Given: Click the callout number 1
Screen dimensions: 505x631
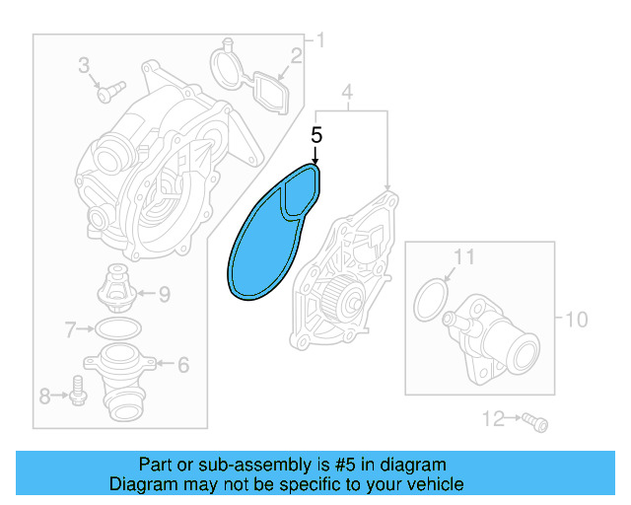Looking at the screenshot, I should point(318,41).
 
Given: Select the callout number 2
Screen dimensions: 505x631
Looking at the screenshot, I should point(295,56).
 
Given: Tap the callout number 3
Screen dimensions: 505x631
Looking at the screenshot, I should point(85,67).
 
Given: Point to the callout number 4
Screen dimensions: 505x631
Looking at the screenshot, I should point(347,95).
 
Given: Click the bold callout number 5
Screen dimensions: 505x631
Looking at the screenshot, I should point(316,135).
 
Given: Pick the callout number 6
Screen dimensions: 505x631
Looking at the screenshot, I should point(182,364).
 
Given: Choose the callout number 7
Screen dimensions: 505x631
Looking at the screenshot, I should point(70,328).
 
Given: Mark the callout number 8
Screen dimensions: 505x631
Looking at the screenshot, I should point(44,397).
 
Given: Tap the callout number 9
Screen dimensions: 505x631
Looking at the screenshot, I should point(164,293).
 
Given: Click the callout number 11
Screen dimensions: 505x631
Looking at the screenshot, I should point(463,257).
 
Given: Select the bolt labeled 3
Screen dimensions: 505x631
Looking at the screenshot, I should point(105,91).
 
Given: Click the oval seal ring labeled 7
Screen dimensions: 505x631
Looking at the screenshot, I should point(117,328).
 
